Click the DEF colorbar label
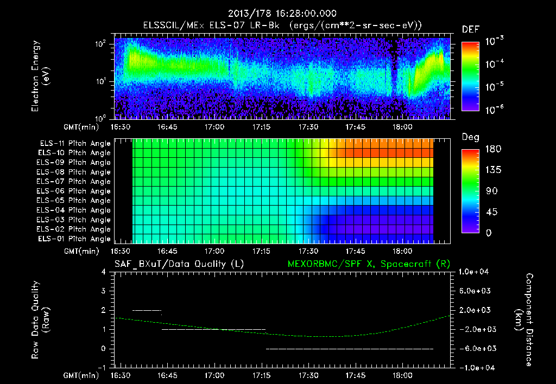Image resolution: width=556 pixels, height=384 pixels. click(x=470, y=30)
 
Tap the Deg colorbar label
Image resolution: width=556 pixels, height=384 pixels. click(x=470, y=137)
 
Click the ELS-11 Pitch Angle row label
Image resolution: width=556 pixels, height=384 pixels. click(x=75, y=144)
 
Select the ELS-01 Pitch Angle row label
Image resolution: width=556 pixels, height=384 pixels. click(x=75, y=239)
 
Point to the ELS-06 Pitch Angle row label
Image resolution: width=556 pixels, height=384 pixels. click(x=75, y=191)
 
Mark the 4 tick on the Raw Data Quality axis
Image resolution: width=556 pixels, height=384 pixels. click(x=103, y=272)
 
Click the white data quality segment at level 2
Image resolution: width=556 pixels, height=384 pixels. click(x=147, y=310)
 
